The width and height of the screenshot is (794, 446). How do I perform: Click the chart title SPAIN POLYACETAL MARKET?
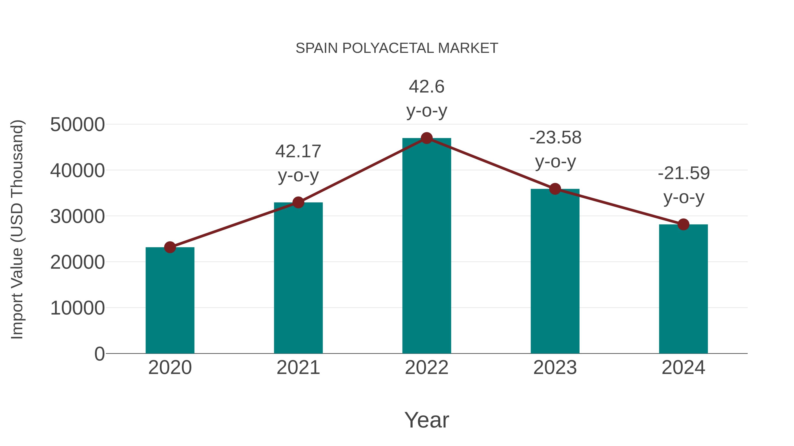(x=397, y=48)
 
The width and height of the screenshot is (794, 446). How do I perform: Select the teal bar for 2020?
(x=170, y=300)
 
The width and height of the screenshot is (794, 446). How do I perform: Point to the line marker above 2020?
(x=170, y=247)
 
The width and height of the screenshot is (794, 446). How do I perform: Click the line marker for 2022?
(x=427, y=138)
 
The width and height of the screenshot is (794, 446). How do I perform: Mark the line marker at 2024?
(x=683, y=224)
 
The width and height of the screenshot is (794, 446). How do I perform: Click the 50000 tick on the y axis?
(x=77, y=125)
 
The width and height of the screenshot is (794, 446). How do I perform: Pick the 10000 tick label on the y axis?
(x=77, y=308)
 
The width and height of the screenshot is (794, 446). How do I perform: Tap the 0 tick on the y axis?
(x=99, y=354)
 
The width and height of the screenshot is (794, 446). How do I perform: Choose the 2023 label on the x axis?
(x=555, y=368)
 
